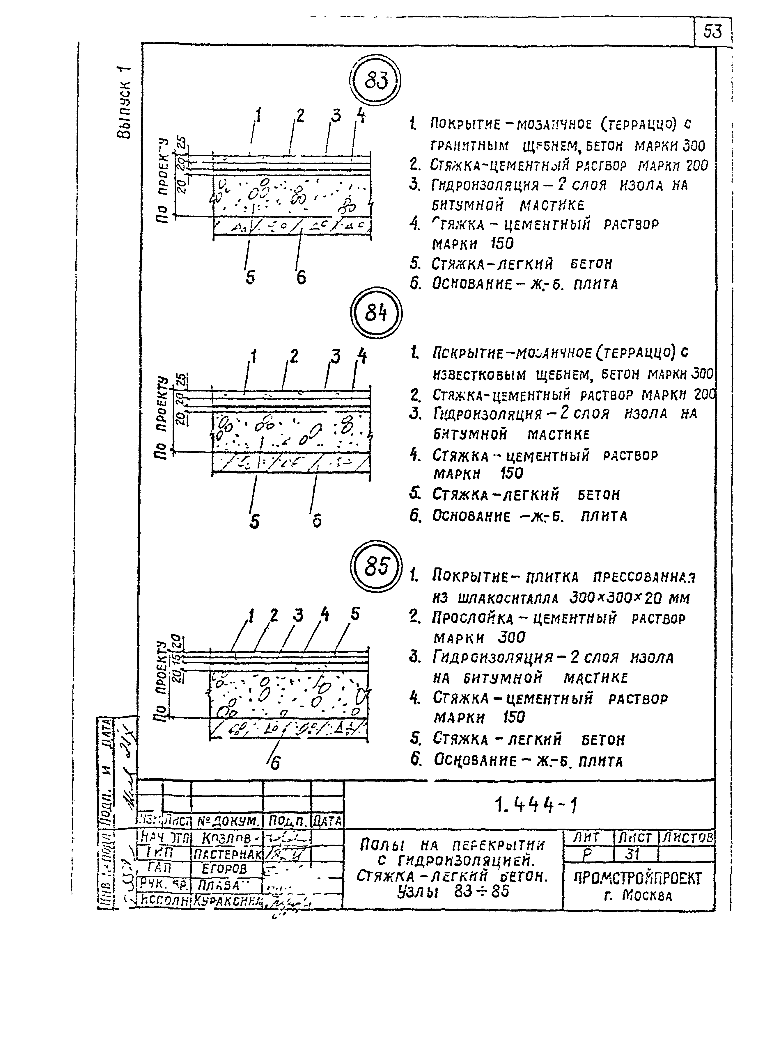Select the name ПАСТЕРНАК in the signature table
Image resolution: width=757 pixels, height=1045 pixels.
coord(227,855)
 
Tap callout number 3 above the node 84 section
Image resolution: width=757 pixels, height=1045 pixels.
coord(336,356)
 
